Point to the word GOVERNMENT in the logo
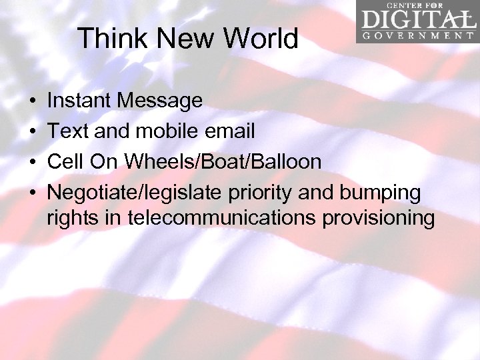[x=418, y=35]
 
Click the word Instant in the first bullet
[x=79, y=101]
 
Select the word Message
[x=160, y=101]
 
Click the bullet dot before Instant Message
[x=33, y=101]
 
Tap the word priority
[x=260, y=193]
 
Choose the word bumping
[x=380, y=193]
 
